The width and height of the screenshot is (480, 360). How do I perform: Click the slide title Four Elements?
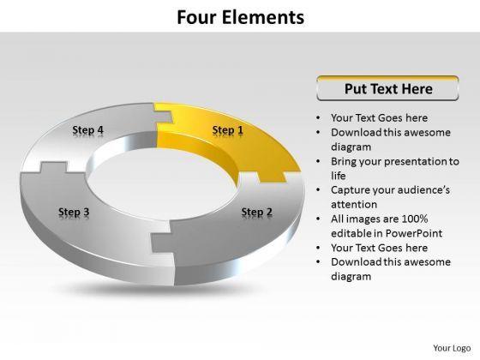click(x=241, y=17)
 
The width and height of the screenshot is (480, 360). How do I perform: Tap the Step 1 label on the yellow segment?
click(x=228, y=130)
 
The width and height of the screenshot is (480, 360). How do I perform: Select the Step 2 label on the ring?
click(x=257, y=212)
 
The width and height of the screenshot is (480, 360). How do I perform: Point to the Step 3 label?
click(x=74, y=212)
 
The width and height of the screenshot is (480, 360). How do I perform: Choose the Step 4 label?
click(x=87, y=130)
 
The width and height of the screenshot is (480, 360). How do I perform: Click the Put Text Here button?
click(x=387, y=88)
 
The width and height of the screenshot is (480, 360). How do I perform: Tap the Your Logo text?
click(x=452, y=348)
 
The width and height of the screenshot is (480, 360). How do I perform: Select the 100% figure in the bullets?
click(x=415, y=219)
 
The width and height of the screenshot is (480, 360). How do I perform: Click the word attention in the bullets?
click(x=354, y=205)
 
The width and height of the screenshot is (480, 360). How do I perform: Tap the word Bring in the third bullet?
click(x=344, y=162)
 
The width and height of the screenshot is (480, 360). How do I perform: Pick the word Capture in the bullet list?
click(x=351, y=190)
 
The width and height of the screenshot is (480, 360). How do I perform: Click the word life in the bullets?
click(x=339, y=176)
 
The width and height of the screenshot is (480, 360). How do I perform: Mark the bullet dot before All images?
click(x=319, y=219)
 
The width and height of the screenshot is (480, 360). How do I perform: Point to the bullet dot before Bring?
click(x=319, y=161)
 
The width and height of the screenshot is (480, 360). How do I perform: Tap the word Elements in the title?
click(x=263, y=17)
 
